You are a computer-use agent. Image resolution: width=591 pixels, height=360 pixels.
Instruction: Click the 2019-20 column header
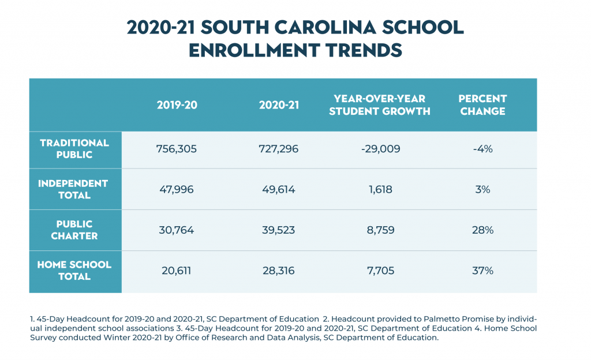(x=177, y=105)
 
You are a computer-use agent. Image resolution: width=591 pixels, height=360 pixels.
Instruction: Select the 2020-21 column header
(x=279, y=105)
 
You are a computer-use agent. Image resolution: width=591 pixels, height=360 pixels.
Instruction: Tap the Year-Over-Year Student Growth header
(x=379, y=105)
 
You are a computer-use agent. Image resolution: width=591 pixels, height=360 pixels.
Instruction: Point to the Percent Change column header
(x=482, y=105)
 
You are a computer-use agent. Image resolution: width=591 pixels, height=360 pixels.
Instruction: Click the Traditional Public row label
(x=74, y=149)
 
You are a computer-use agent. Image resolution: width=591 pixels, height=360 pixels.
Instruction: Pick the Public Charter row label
(x=74, y=230)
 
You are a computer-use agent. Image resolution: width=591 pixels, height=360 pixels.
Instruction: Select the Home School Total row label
(x=74, y=271)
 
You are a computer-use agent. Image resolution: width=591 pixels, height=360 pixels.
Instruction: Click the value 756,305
(x=177, y=149)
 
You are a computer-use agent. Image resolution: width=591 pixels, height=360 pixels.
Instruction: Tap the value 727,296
(x=279, y=149)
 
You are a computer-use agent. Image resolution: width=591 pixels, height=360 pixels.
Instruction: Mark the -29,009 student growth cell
(x=379, y=149)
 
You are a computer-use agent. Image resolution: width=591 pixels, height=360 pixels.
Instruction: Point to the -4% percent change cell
(x=482, y=149)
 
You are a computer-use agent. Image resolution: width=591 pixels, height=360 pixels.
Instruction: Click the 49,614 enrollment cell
(x=279, y=189)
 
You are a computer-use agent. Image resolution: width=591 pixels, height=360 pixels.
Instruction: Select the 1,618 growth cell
(x=379, y=189)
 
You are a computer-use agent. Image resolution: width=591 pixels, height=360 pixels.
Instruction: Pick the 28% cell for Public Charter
(x=482, y=230)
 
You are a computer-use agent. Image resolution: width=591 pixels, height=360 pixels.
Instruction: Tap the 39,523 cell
(x=279, y=230)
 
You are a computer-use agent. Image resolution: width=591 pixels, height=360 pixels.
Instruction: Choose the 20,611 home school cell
(x=177, y=271)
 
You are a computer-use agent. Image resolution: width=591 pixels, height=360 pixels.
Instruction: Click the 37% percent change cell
(x=482, y=271)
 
